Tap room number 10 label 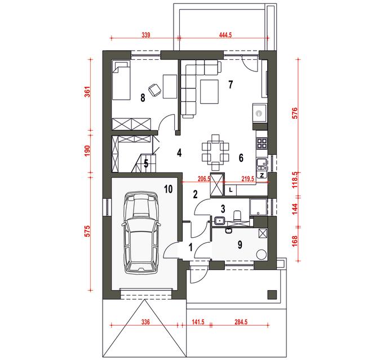pyautogui.click(x=169, y=189)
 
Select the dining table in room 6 pyautogui.click(x=215, y=152)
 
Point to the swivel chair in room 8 pyautogui.click(x=154, y=90)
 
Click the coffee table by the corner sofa pyautogui.click(x=209, y=91)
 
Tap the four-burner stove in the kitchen pyautogui.click(x=262, y=143)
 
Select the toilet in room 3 pyautogui.click(x=237, y=215)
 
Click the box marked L pyautogui.click(x=231, y=190)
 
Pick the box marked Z pyautogui.click(x=262, y=176)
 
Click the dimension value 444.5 pyautogui.click(x=225, y=35)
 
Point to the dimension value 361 pyautogui.click(x=87, y=92)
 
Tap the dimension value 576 pyautogui.click(x=294, y=113)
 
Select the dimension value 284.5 pyautogui.click(x=241, y=322)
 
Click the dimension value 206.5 pyautogui.click(x=204, y=179)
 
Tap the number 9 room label pyautogui.click(x=240, y=245)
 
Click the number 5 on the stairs pyautogui.click(x=146, y=163)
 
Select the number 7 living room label pyautogui.click(x=231, y=84)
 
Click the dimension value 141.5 pyautogui.click(x=198, y=322)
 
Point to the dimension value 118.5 pyautogui.click(x=294, y=180)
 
